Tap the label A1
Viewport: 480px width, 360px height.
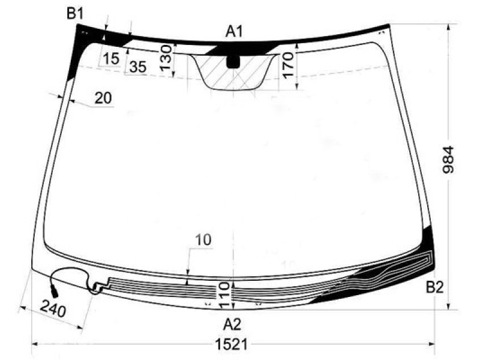pyautogui.click(x=234, y=31)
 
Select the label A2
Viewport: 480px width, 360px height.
pyautogui.click(x=232, y=325)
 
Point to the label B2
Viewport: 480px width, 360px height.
pyautogui.click(x=434, y=287)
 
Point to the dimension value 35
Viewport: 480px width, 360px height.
pyautogui.click(x=137, y=67)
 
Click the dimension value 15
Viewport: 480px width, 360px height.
pyautogui.click(x=110, y=58)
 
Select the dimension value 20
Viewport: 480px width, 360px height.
pyautogui.click(x=103, y=98)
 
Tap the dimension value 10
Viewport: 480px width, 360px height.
pyautogui.click(x=203, y=240)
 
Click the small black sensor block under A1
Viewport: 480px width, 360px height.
pyautogui.click(x=233, y=61)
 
